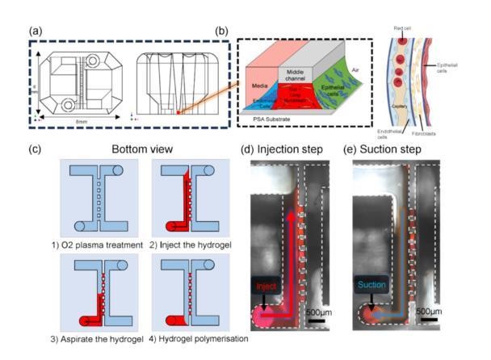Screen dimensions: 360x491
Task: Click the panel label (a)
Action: click(x=36, y=31)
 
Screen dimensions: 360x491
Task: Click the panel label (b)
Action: click(x=220, y=31)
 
